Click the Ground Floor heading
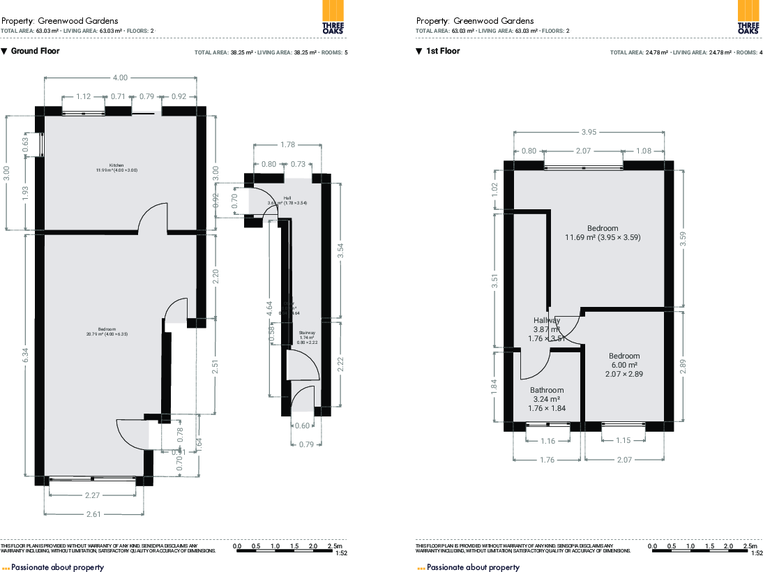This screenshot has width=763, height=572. pos(35,51)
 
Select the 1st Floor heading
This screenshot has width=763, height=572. pos(443,51)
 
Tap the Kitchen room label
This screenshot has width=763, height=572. pos(106,165)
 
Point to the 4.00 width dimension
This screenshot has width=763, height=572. pos(121,77)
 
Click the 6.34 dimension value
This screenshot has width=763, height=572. pos(26,355)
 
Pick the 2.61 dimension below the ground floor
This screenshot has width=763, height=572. pos(93,514)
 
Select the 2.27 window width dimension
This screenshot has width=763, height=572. pos(92,496)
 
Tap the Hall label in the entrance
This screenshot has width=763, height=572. pos(287,198)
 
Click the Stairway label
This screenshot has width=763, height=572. pos(307,333)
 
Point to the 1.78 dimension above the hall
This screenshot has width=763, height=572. pos(287,144)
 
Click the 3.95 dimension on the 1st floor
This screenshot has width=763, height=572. pos(589,132)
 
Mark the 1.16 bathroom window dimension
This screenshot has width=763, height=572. pos(548,441)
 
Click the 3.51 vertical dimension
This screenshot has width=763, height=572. pos(495,281)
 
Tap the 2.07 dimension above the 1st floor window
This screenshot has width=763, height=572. pos(583,151)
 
